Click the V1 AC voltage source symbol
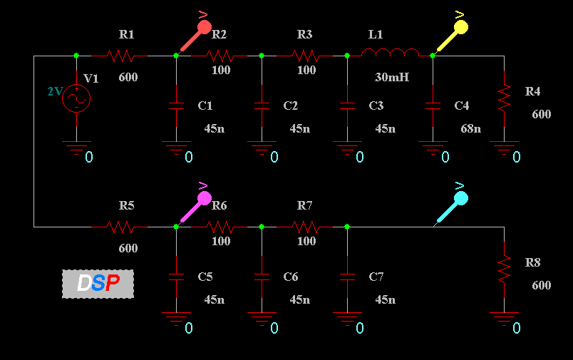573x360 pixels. pyautogui.click(x=76, y=98)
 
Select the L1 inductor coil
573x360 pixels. pyautogui.click(x=390, y=52)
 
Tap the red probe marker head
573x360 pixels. pyautogui.click(x=205, y=27)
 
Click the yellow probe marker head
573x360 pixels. pyautogui.click(x=461, y=27)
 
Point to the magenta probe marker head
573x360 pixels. pyautogui.click(x=205, y=198)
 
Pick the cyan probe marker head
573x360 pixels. pyautogui.click(x=461, y=198)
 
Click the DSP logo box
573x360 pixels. pyautogui.click(x=98, y=284)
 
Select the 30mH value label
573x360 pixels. pyautogui.click(x=392, y=77)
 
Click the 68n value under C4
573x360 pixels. pyautogui.click(x=470, y=128)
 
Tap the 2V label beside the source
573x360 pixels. pyautogui.click(x=56, y=91)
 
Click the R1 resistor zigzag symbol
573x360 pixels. pyautogui.click(x=120, y=56)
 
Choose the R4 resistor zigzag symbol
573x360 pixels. pyautogui.click(x=505, y=98)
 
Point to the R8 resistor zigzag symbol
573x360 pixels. pyautogui.click(x=505, y=269)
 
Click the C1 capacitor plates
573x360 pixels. pyautogui.click(x=176, y=106)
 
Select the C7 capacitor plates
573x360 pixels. pyautogui.click(x=347, y=277)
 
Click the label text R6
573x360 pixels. pyautogui.click(x=220, y=205)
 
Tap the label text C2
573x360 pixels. pyautogui.click(x=291, y=106)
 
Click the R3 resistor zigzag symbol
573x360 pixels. pyautogui.click(x=306, y=56)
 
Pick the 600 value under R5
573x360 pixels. pyautogui.click(x=128, y=248)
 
